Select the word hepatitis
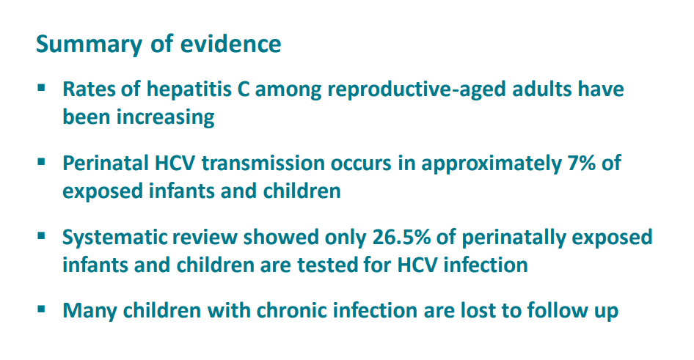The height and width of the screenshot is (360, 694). (x=189, y=89)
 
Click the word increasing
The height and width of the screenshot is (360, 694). (x=166, y=117)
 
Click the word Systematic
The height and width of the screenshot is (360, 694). (x=114, y=238)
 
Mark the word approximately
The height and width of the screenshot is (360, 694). (x=492, y=164)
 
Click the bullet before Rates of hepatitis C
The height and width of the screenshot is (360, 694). (x=42, y=88)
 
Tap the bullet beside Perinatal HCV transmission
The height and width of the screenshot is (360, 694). (x=42, y=162)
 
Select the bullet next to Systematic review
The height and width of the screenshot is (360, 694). (x=42, y=236)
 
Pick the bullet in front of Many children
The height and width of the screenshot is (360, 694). (x=42, y=309)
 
